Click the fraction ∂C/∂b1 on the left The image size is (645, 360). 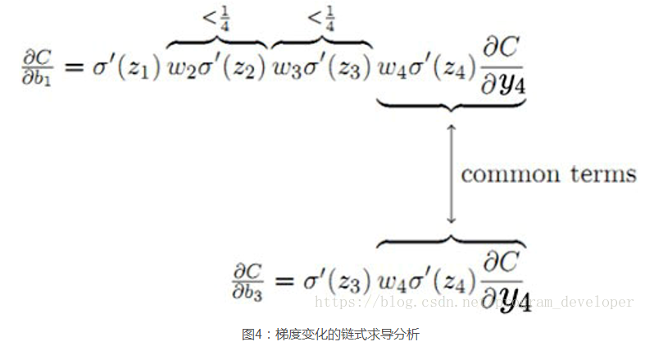pos(38,67)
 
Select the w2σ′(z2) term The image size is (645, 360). pos(216,68)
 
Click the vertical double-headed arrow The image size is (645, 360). pos(450,173)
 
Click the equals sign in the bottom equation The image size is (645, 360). pos(286,280)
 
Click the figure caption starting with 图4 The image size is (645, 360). pos(330,335)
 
